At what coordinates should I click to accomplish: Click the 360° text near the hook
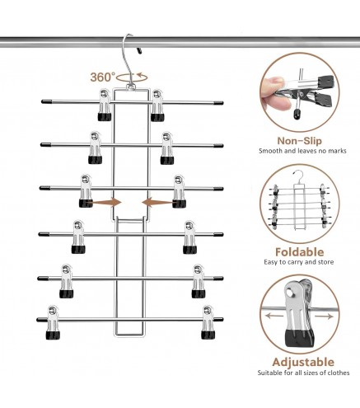pyautogui.click(x=102, y=77)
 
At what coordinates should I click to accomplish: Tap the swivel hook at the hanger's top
pyautogui.click(x=129, y=54)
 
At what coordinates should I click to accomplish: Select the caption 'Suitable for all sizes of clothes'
pyautogui.click(x=297, y=396)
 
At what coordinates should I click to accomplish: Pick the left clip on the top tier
pyautogui.click(x=105, y=106)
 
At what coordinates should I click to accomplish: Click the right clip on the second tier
pyautogui.click(x=168, y=147)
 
